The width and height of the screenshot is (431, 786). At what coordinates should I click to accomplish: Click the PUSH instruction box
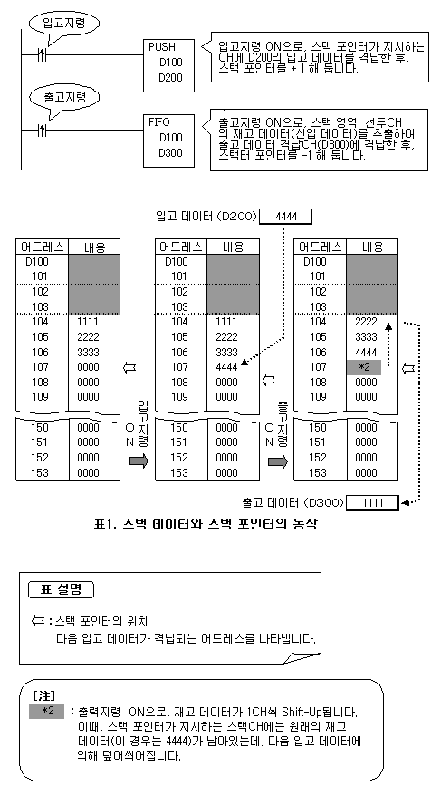tap(168, 65)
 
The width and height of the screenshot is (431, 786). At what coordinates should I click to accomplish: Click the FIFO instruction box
tap(168, 141)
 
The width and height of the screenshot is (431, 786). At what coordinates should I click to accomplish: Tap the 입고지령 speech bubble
tap(63, 23)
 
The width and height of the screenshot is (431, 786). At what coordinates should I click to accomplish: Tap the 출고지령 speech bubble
tap(63, 97)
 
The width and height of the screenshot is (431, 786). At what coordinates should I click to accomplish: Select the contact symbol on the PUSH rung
tap(43, 55)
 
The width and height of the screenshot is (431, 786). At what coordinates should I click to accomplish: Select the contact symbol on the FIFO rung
tap(43, 131)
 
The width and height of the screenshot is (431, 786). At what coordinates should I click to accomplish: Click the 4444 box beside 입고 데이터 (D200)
tap(286, 217)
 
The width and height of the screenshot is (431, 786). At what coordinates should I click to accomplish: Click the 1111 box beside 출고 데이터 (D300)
tap(372, 503)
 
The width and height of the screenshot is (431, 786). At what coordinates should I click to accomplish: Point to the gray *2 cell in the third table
tap(364, 367)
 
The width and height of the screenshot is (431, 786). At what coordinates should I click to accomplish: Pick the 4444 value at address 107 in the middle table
tap(226, 367)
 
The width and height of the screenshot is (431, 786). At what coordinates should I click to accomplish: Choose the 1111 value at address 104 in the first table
tap(88, 322)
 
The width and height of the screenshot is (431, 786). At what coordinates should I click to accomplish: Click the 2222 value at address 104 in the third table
tap(366, 322)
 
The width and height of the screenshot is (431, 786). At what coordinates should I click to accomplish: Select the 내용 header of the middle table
tap(233, 247)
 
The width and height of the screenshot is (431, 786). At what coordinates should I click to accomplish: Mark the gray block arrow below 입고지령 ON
tap(139, 461)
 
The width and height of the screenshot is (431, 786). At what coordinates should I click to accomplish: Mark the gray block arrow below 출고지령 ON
tap(278, 461)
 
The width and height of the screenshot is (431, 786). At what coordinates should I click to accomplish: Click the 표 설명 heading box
tap(61, 589)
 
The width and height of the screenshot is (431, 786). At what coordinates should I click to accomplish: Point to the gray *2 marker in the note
tap(46, 712)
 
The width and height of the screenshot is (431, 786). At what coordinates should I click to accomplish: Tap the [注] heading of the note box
tap(43, 695)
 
